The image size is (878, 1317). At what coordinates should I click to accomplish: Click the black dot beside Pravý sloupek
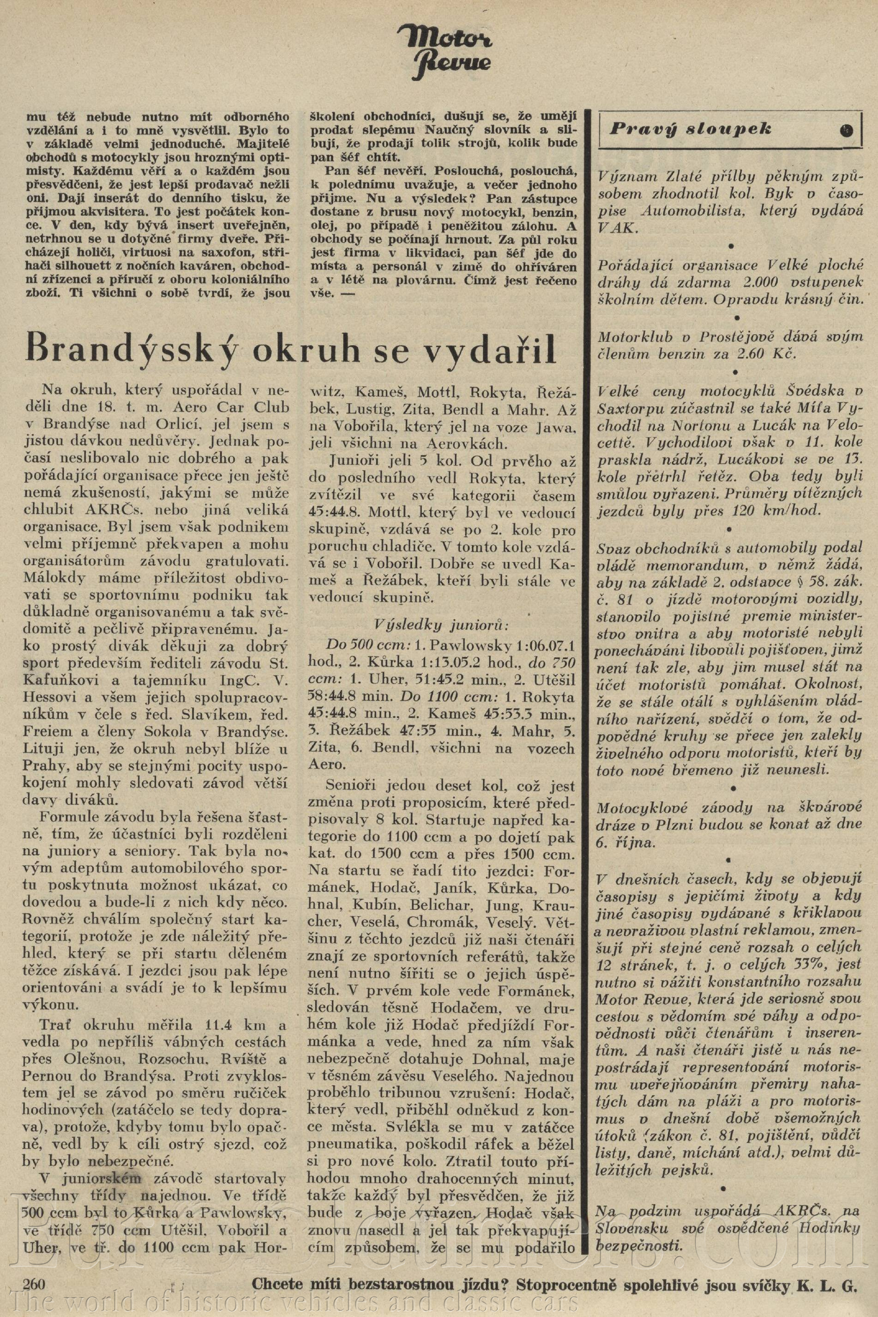[846, 129]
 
